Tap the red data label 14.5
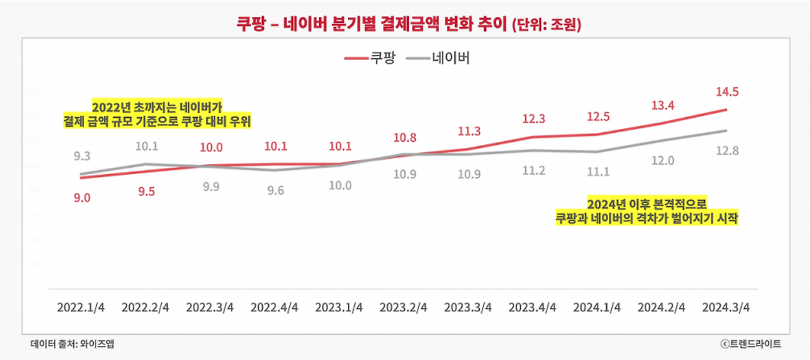pos(726,92)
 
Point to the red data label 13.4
pos(661,105)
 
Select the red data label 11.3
pos(468,132)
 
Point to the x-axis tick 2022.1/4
pos(81,307)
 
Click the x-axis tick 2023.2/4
pos(404,307)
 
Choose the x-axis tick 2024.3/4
pos(726,307)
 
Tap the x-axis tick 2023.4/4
pos(533,307)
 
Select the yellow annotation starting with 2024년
pos(646,211)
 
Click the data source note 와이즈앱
pos(73,344)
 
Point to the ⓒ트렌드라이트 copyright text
pos(750,344)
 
